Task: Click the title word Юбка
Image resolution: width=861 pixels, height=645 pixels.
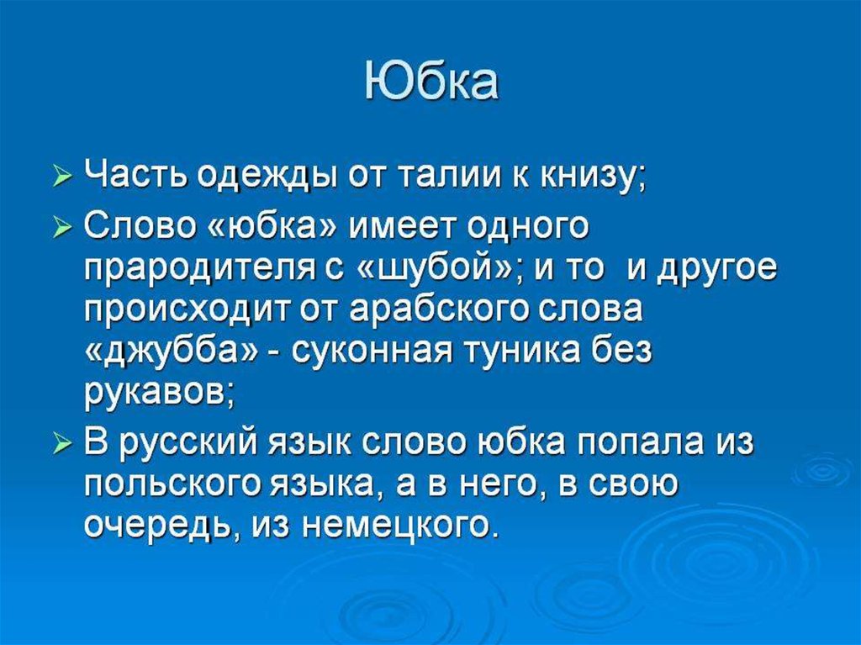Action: [x=431, y=82]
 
